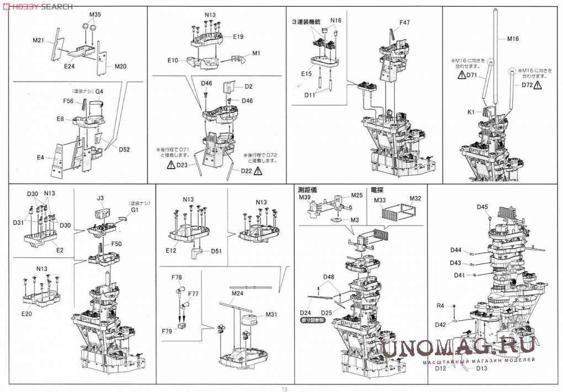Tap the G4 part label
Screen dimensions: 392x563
[x=99, y=91]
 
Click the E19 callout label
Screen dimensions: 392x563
[x=238, y=36]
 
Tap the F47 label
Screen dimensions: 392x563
[x=405, y=23]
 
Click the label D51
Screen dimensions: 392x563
[x=216, y=251]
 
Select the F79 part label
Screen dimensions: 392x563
[x=167, y=331]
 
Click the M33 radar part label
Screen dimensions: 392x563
[x=379, y=200]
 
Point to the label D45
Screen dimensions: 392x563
[x=482, y=207]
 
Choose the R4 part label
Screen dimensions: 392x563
[x=440, y=305]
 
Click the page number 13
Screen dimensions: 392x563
[x=284, y=388]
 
